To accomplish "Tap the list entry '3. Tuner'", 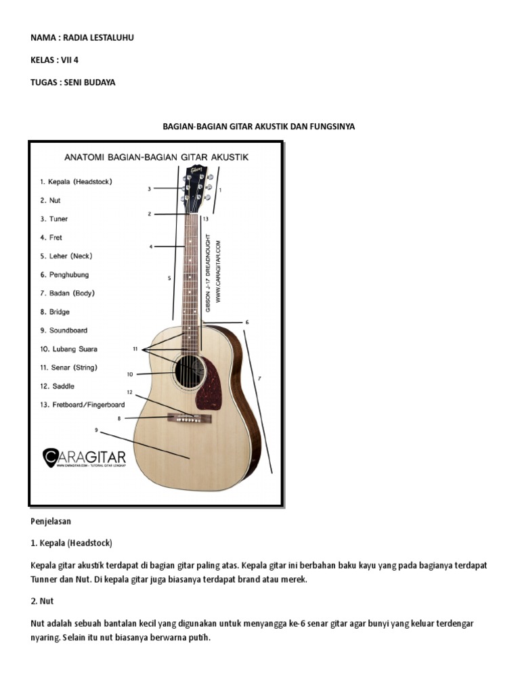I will (53, 219).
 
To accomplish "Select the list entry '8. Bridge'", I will (54, 312).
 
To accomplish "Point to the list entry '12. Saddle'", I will (56, 386).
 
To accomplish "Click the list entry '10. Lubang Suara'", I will (68, 349).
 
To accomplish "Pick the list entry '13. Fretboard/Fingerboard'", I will (82, 405).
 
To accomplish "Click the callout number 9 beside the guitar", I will (96, 430).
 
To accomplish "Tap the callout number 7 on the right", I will (259, 378).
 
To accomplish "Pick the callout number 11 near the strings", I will (135, 349).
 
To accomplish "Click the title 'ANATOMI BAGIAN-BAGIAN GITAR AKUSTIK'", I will (156, 157).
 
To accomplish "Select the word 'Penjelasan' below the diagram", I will (51, 522).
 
